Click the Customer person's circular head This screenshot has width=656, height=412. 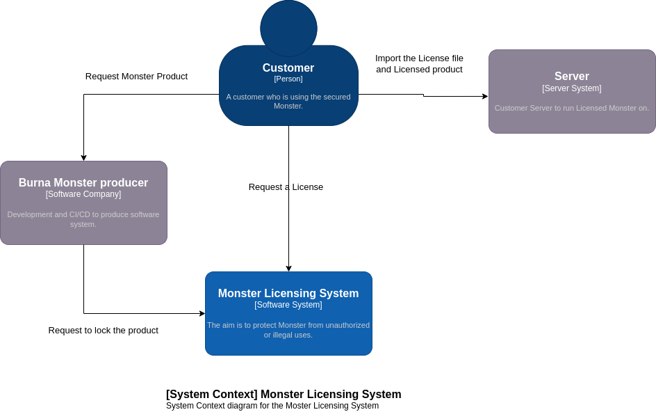point(288,29)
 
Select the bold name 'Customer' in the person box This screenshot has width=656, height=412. point(288,68)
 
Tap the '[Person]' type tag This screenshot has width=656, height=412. point(288,79)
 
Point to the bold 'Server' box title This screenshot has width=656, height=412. point(572,77)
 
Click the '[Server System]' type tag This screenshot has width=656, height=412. point(572,88)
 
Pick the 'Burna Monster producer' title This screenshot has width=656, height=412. point(83,183)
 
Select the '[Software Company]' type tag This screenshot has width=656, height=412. point(83,194)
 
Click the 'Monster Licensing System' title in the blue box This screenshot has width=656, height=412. point(288,294)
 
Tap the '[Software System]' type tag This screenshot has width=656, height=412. point(288,305)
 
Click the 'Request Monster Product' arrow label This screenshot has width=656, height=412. point(136,77)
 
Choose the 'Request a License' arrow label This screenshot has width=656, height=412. point(286,187)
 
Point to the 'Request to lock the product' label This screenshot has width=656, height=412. point(104,331)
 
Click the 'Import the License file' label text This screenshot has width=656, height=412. point(419,58)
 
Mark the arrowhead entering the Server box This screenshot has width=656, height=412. point(485,97)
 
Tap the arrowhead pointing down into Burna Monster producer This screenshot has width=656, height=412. point(84,158)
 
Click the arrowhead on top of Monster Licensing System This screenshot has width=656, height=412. point(288,269)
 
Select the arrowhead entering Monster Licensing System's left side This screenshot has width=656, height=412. point(202,314)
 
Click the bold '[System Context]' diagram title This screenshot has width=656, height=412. point(284,395)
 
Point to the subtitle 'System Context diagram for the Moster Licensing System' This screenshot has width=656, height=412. point(272,406)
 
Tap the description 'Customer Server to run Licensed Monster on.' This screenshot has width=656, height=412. point(572,108)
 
